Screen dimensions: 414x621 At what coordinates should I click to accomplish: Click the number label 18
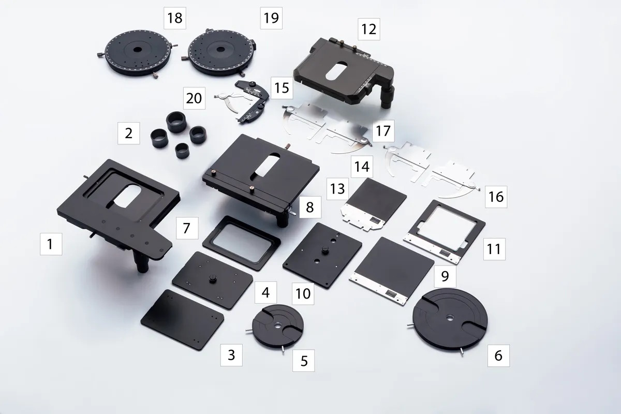click(175, 19)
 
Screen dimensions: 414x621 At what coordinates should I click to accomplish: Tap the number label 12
click(368, 29)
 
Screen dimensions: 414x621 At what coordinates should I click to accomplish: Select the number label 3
click(231, 355)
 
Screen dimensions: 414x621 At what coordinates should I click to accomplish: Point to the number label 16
click(495, 197)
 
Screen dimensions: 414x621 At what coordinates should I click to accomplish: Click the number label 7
click(187, 228)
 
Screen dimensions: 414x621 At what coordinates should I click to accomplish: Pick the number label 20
click(194, 98)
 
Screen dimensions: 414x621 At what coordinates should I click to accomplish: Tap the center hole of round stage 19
click(219, 52)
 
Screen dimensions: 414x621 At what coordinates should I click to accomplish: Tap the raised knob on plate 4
click(212, 278)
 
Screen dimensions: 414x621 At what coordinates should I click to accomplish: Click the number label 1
click(50, 243)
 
